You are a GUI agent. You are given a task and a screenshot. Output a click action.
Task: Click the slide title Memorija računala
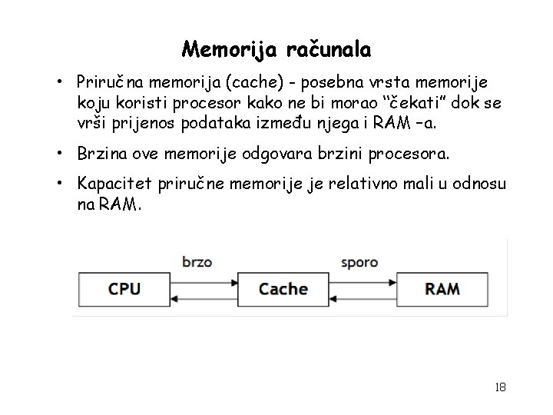276,50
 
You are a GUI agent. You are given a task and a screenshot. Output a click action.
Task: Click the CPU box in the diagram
124,290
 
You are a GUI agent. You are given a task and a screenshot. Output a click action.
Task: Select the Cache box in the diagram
283,290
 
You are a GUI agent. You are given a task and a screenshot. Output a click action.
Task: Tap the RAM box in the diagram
442,290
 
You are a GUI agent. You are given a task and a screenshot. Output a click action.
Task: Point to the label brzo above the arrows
198,262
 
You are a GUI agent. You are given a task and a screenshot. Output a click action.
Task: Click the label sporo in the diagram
359,262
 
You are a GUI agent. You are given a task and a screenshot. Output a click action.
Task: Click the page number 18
500,387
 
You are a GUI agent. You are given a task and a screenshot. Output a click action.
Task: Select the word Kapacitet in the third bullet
112,183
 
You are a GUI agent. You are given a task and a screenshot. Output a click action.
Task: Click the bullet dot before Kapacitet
58,183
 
